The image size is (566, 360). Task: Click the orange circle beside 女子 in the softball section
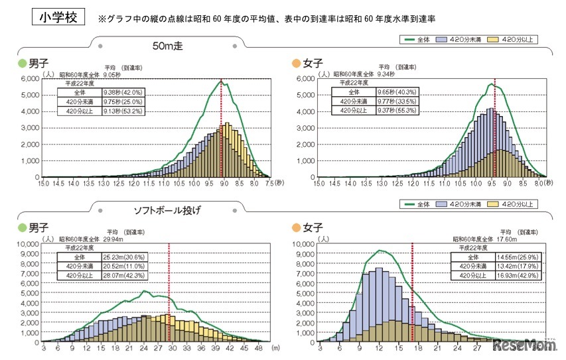(x=296, y=229)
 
